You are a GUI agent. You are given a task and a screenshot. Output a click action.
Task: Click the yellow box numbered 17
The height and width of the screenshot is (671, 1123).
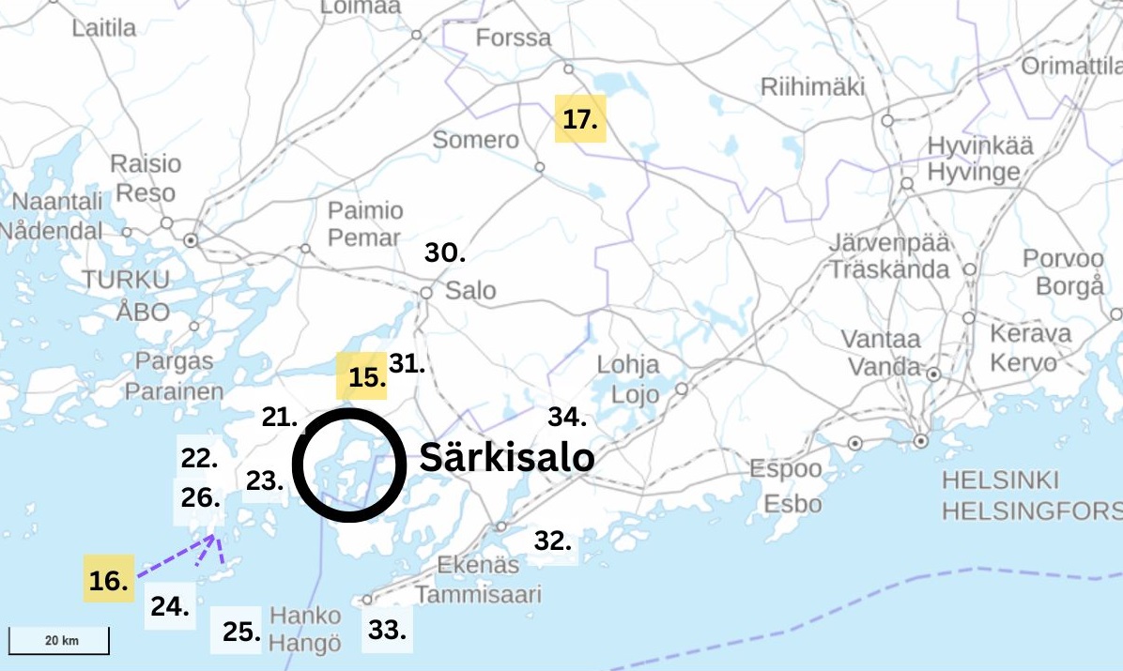coord(580,119)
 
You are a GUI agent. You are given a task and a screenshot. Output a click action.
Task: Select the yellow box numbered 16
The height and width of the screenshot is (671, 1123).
coord(108,580)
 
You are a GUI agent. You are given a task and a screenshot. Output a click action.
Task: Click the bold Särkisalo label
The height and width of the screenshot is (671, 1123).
coord(506,458)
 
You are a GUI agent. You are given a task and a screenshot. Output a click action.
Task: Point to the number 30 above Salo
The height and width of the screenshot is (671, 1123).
coord(445,252)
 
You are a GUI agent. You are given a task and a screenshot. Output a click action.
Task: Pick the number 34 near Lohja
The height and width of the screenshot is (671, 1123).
coord(568,417)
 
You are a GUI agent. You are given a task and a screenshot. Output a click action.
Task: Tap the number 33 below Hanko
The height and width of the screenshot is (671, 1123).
coord(387,629)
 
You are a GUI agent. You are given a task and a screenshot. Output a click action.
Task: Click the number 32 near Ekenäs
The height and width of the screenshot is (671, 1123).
coord(553,541)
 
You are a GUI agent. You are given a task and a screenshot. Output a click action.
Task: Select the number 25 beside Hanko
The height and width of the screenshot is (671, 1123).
coord(241,632)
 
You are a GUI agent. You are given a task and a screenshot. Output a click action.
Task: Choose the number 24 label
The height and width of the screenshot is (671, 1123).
coord(171,606)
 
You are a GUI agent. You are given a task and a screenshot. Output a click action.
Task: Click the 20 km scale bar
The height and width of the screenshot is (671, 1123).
coord(60,641)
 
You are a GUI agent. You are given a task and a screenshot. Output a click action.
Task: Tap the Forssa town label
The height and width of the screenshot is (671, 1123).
coord(514,38)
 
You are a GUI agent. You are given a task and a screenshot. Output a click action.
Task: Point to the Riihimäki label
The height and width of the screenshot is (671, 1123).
coord(812,87)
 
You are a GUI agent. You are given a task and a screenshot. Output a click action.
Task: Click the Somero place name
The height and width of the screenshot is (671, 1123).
coord(475,140)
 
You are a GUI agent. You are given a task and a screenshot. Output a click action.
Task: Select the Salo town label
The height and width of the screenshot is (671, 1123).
coord(470,290)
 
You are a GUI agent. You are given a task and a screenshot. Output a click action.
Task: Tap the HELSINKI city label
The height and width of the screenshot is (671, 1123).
coord(999,481)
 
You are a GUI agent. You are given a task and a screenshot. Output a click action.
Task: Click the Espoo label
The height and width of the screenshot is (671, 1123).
coord(786,468)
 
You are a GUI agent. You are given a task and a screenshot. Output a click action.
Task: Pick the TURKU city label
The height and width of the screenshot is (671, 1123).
coord(126,280)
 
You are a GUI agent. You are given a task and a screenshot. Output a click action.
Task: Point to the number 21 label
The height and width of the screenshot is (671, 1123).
coord(280,418)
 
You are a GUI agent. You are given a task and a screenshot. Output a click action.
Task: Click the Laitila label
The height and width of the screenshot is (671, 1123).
coord(104,28)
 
